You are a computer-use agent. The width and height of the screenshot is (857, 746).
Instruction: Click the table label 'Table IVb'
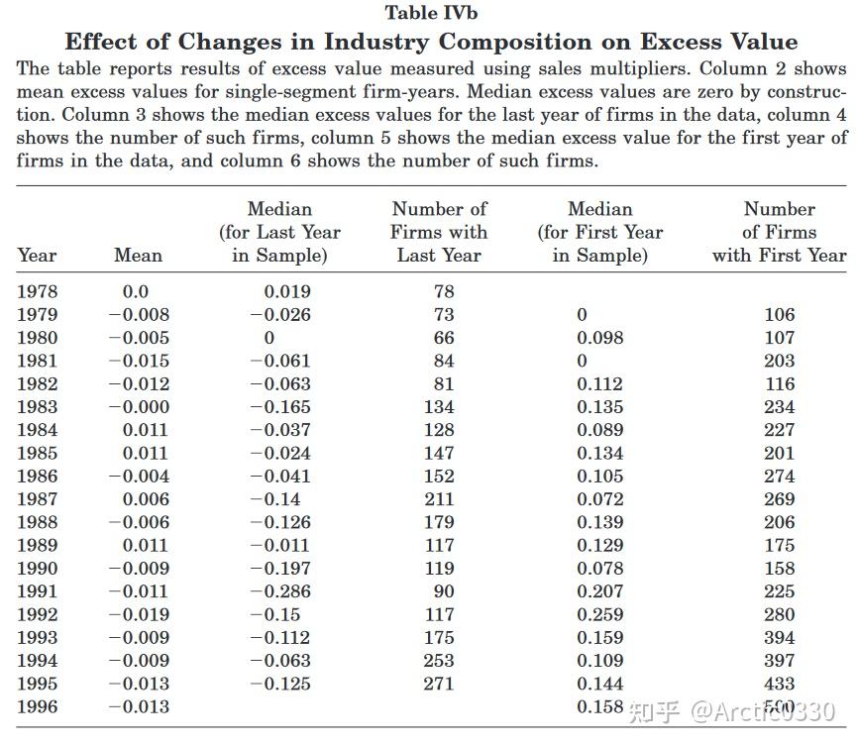click(431, 13)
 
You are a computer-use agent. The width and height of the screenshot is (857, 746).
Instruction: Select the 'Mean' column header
click(138, 256)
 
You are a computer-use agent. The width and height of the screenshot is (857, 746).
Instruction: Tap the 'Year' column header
click(38, 256)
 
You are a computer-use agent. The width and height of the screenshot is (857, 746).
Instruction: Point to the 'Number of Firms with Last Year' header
click(440, 232)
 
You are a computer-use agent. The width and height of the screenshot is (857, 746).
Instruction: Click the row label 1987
click(38, 499)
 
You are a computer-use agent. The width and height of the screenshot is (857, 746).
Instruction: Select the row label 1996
click(38, 706)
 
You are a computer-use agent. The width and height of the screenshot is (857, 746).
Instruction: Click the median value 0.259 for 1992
click(599, 614)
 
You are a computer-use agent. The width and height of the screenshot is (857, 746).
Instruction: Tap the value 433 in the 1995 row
click(780, 684)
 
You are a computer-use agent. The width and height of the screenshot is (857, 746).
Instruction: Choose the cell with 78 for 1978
click(444, 291)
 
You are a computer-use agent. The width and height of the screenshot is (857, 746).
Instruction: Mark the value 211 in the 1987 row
click(439, 499)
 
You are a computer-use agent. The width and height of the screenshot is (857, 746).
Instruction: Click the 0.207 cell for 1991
click(599, 591)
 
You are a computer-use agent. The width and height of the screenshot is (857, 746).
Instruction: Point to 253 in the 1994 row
click(439, 661)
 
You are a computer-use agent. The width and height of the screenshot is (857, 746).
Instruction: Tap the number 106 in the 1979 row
click(780, 315)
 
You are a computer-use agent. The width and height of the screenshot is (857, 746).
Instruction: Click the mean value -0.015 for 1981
click(139, 361)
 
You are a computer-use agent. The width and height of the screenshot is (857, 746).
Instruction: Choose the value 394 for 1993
click(780, 638)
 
